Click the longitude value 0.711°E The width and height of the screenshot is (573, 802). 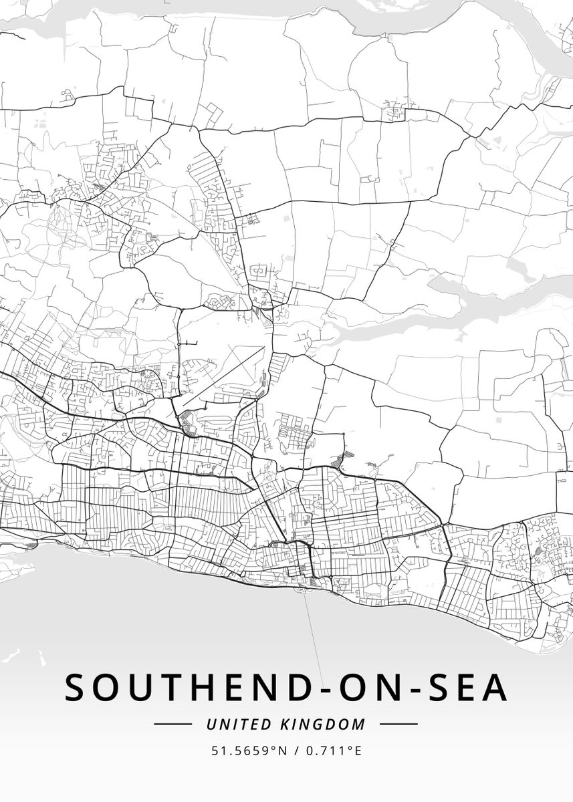pyautogui.click(x=334, y=751)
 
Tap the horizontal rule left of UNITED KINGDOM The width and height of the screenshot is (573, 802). pyautogui.click(x=173, y=724)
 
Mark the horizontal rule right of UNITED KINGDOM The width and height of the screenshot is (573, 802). pyautogui.click(x=398, y=724)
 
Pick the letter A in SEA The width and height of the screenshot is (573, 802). pyautogui.click(x=495, y=688)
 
